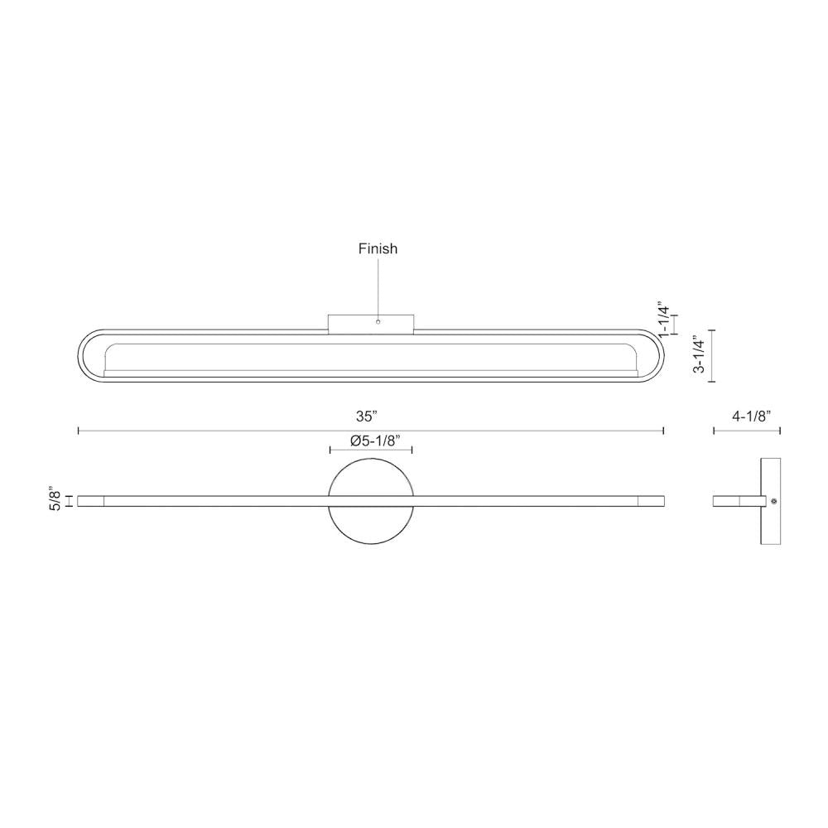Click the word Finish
pos(378,248)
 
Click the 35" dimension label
pos(370,416)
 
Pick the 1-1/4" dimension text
pos(662,319)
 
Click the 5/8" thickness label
pos(55,499)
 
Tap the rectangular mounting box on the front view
pos(370,323)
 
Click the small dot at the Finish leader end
pos(378,321)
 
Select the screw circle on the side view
pos(773,501)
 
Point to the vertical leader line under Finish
pos(378,286)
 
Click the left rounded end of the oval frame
pos(84,355)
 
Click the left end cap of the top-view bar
pos(89,501)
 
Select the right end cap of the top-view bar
pos(651,501)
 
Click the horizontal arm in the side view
pos(733,501)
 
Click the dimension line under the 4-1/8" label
pos(747,431)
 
